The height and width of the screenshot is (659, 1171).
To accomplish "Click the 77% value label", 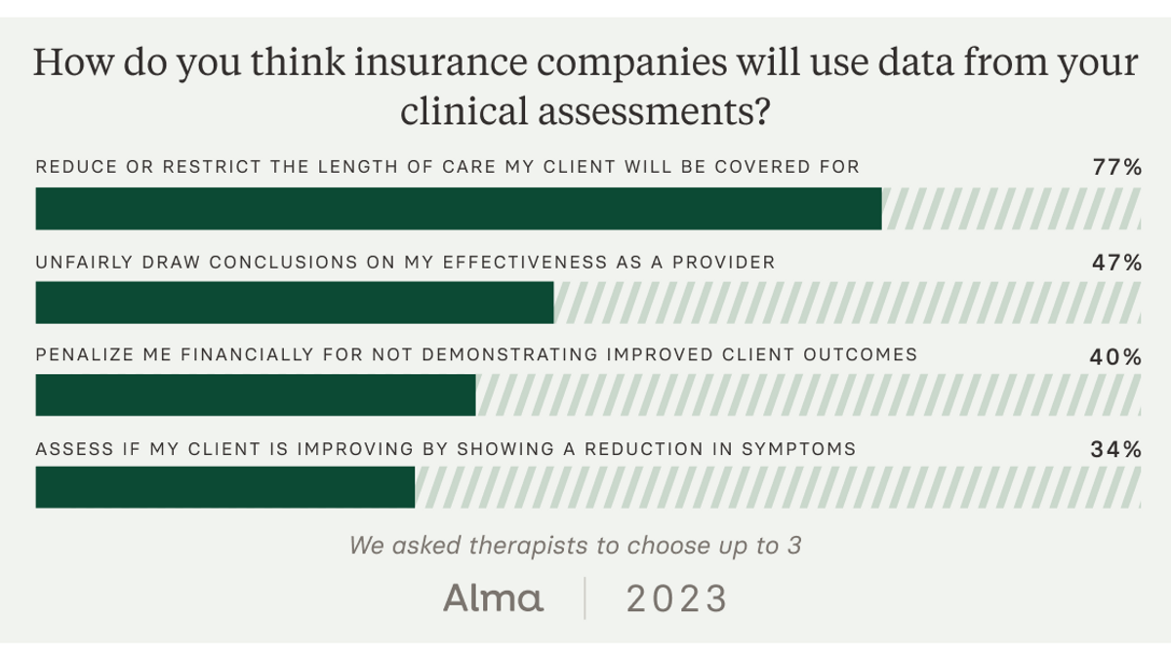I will pos(1116,167).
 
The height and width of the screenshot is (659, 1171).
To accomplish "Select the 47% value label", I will pos(1116,262).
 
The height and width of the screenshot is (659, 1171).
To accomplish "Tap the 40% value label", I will pos(1115,356).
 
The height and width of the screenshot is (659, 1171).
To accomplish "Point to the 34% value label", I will pos(1115,450).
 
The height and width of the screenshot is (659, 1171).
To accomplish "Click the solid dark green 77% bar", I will pos(459,209).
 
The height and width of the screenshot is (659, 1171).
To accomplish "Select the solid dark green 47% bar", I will pos(295,303).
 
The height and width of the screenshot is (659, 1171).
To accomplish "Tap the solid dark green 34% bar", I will pos(225,487).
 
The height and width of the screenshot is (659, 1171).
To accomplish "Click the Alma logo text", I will pos(494,597).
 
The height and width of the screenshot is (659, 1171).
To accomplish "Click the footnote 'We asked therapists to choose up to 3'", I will pos(576,545).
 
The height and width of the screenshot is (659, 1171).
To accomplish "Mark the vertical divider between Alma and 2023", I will pos(585,597).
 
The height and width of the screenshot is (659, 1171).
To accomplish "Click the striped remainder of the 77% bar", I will pos(1011,209).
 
